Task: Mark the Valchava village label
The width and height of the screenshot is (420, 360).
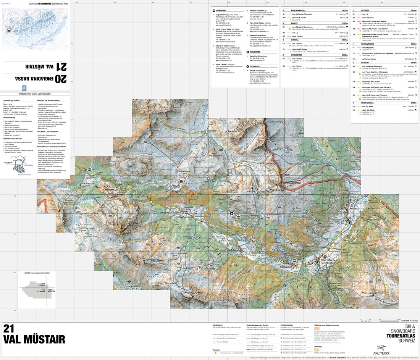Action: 286,266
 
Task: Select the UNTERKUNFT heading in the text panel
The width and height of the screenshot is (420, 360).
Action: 221,11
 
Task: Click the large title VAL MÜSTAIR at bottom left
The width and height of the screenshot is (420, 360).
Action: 34,339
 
